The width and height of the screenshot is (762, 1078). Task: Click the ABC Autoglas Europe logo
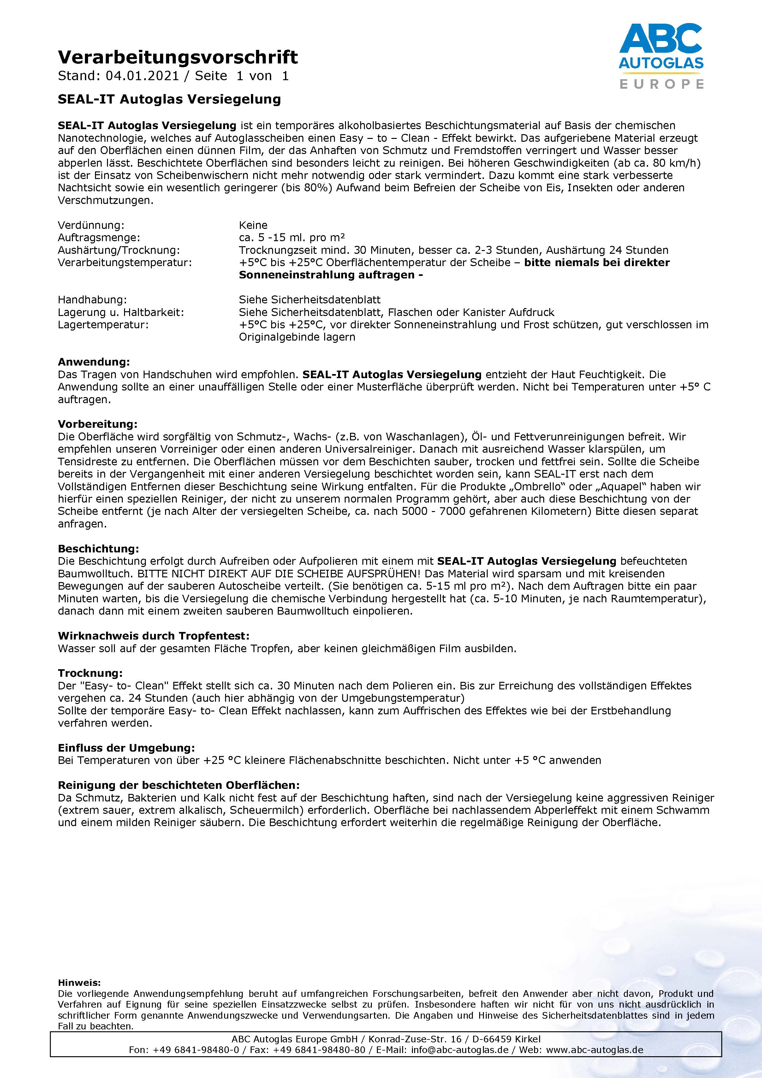661,56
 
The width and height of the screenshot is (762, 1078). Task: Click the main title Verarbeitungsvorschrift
177,57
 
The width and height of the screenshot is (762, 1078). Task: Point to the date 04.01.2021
142,76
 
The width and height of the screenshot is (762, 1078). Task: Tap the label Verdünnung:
91,225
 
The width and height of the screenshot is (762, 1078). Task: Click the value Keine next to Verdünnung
253,225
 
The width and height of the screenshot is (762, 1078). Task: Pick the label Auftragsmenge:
98,238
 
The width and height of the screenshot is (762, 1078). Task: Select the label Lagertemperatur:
103,325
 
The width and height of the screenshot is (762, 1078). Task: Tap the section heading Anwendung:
93,362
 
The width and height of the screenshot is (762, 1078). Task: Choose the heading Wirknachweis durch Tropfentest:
153,636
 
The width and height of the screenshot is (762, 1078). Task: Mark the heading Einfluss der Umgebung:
126,748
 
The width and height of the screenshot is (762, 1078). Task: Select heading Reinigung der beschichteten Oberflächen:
178,785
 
